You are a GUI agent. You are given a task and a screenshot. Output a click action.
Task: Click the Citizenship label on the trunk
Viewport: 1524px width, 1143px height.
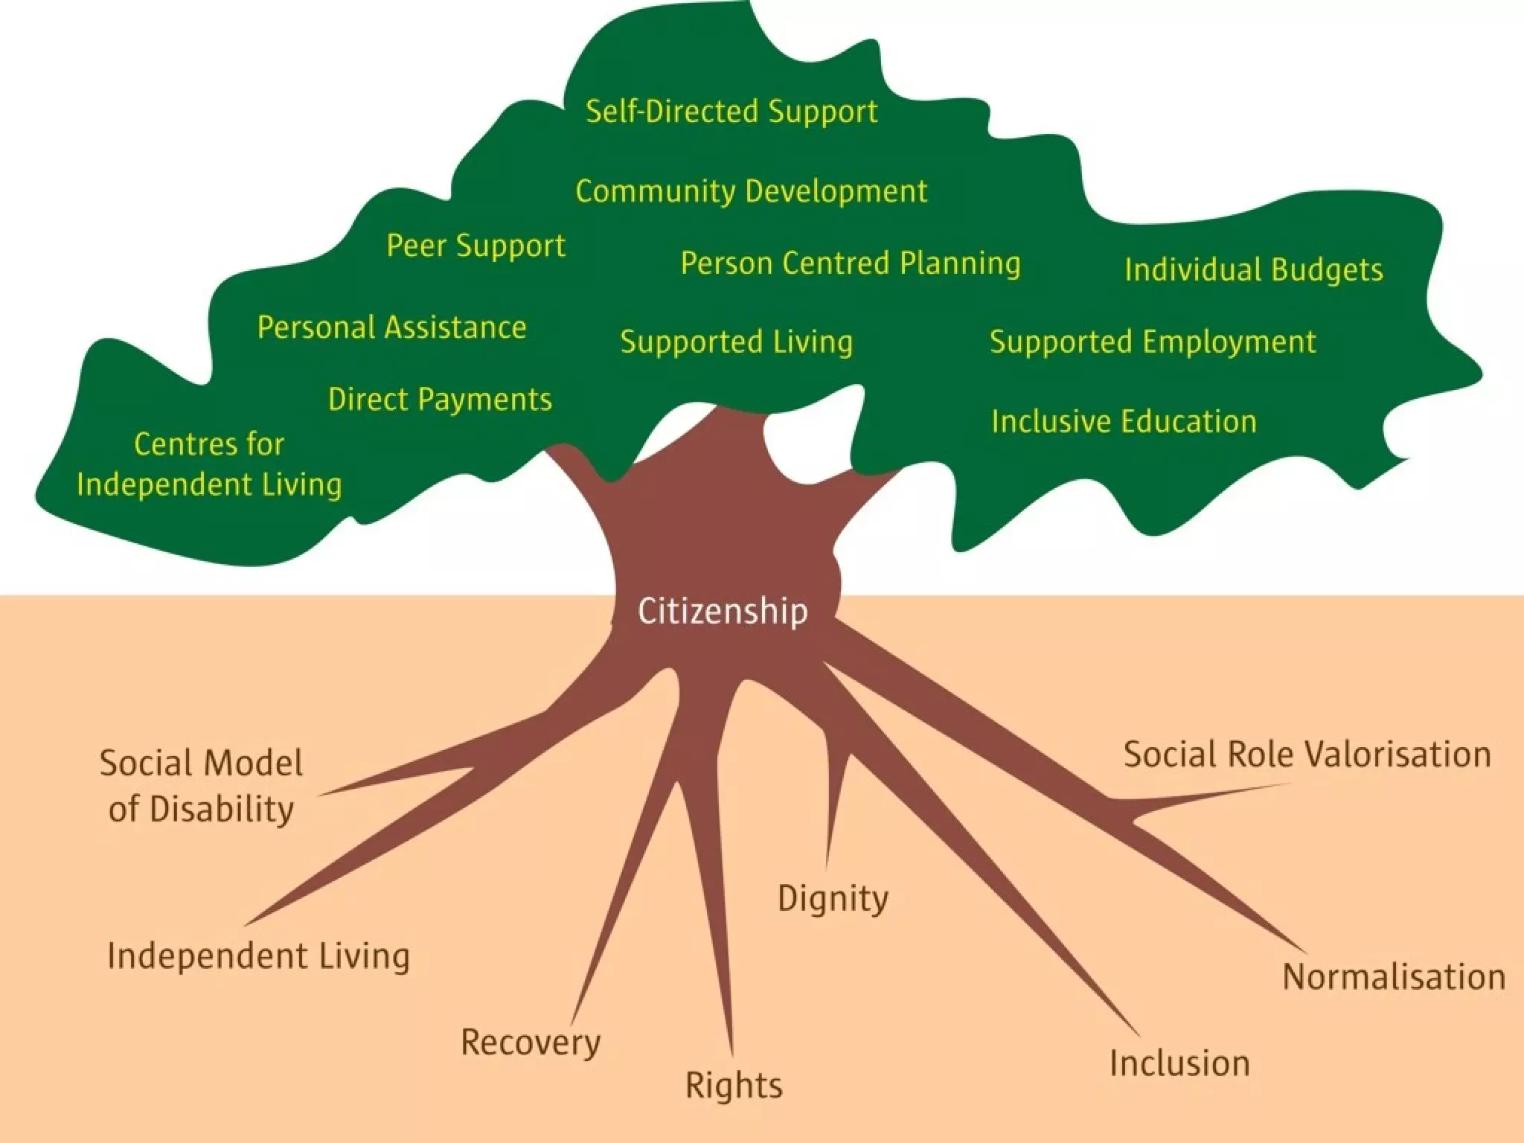pyautogui.click(x=723, y=611)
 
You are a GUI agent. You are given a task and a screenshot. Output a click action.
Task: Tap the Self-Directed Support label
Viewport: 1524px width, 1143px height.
pyautogui.click(x=731, y=112)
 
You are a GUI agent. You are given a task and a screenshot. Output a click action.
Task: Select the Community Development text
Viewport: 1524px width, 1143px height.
pyautogui.click(x=752, y=191)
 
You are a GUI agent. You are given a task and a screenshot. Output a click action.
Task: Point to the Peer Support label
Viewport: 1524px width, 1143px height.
pyautogui.click(x=476, y=246)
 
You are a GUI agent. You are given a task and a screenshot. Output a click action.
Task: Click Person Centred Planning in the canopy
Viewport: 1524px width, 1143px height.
pyautogui.click(x=851, y=263)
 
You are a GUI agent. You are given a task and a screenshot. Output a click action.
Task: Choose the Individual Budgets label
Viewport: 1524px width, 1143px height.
pyautogui.click(x=1254, y=269)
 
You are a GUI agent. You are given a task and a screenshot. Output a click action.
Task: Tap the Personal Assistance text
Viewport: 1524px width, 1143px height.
pyautogui.click(x=392, y=327)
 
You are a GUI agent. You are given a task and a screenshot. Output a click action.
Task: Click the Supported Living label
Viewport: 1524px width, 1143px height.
pyautogui.click(x=737, y=342)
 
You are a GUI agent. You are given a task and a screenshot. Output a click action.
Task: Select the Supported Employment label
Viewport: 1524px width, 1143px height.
pyautogui.click(x=1153, y=342)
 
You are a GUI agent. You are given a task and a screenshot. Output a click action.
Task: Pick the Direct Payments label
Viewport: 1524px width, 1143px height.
pyautogui.click(x=441, y=400)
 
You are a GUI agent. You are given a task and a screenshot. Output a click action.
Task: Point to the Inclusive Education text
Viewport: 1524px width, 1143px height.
pyautogui.click(x=1124, y=421)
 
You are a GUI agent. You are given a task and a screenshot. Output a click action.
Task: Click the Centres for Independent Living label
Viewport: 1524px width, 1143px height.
pyautogui.click(x=209, y=464)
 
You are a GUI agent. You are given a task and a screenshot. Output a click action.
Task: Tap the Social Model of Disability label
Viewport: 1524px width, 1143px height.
pyautogui.click(x=201, y=786)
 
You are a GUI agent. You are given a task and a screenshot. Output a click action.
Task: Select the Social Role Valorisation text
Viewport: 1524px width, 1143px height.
pyautogui.click(x=1307, y=755)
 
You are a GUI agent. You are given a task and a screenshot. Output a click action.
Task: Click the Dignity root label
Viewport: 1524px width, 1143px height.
pyautogui.click(x=833, y=898)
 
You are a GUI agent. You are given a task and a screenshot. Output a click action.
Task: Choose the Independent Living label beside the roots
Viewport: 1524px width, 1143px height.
pyautogui.click(x=258, y=956)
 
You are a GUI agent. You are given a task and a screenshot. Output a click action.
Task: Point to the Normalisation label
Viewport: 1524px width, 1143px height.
pyautogui.click(x=1394, y=977)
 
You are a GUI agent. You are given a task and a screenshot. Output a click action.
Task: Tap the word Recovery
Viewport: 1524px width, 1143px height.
pyautogui.click(x=531, y=1042)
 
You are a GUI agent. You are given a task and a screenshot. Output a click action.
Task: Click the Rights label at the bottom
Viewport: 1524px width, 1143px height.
pyautogui.click(x=734, y=1085)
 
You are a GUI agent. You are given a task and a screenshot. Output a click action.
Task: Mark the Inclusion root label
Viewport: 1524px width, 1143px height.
pyautogui.click(x=1179, y=1063)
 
